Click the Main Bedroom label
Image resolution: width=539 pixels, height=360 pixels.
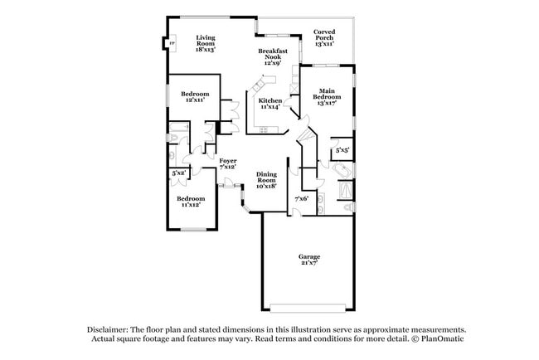(324, 94)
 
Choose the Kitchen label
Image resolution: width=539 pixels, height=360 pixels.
(270, 100)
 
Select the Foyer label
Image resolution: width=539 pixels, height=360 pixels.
(228, 160)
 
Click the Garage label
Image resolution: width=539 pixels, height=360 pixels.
(309, 256)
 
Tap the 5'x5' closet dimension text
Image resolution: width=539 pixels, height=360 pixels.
(342, 150)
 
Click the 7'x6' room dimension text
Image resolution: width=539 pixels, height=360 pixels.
(302, 198)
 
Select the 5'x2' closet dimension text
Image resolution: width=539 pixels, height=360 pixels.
(177, 173)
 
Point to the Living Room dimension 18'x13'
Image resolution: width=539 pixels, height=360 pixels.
(206, 50)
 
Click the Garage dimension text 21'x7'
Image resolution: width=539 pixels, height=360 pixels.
(309, 263)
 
